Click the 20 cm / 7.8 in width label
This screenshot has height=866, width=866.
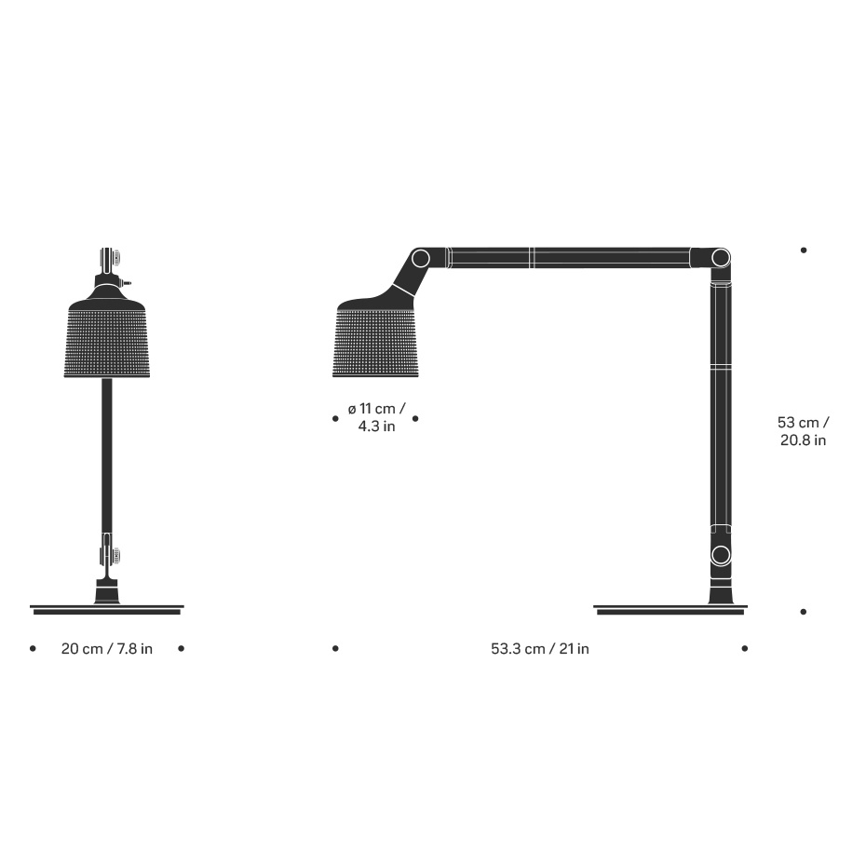coord(107,649)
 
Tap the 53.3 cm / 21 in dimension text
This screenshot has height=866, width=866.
coord(540,649)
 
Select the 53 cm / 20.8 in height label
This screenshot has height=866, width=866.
coord(803,431)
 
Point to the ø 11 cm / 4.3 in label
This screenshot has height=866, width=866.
coord(376,418)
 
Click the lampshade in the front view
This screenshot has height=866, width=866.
coord(107,340)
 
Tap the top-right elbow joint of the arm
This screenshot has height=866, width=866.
coord(719,257)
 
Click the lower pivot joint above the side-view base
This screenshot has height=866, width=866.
coord(720,555)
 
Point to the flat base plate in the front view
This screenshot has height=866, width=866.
coord(107,609)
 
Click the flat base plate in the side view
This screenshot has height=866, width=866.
coord(670,610)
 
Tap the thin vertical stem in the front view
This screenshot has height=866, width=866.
coord(107,456)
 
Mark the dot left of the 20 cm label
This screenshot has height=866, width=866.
coord(33,648)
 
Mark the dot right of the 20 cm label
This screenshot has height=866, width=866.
coord(181,648)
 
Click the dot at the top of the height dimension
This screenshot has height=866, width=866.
coord(804,250)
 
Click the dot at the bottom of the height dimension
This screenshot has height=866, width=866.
coord(804,612)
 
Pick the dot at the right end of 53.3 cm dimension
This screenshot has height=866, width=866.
coord(744,648)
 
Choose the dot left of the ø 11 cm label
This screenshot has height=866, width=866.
coord(335,419)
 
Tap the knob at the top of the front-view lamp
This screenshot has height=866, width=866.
coord(109,258)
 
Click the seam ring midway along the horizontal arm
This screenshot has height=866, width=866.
coord(530,257)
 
